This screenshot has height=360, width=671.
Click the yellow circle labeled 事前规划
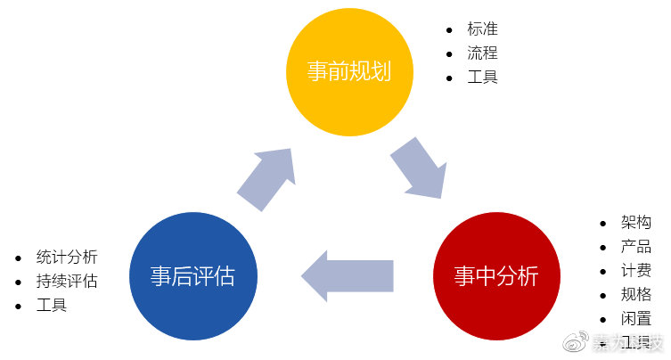click(349, 71)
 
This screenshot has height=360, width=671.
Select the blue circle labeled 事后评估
click(192, 277)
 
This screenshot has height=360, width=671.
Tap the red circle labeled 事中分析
click(495, 277)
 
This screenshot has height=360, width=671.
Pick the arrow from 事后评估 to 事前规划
click(268, 178)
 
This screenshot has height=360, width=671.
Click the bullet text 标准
click(482, 29)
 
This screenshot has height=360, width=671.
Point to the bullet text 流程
click(482, 53)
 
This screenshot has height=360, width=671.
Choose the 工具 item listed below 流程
click(482, 77)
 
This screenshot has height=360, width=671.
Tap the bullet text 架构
click(636, 222)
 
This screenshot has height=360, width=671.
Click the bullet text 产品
click(636, 246)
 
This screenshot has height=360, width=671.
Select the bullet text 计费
click(636, 270)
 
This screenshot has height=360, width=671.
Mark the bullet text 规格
click(636, 294)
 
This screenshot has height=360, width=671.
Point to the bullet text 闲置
click(636, 318)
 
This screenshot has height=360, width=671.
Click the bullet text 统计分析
click(67, 258)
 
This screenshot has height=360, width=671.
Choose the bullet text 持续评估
click(67, 282)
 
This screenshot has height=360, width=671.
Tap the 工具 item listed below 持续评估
click(52, 306)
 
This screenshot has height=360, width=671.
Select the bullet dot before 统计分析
click(19, 258)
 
